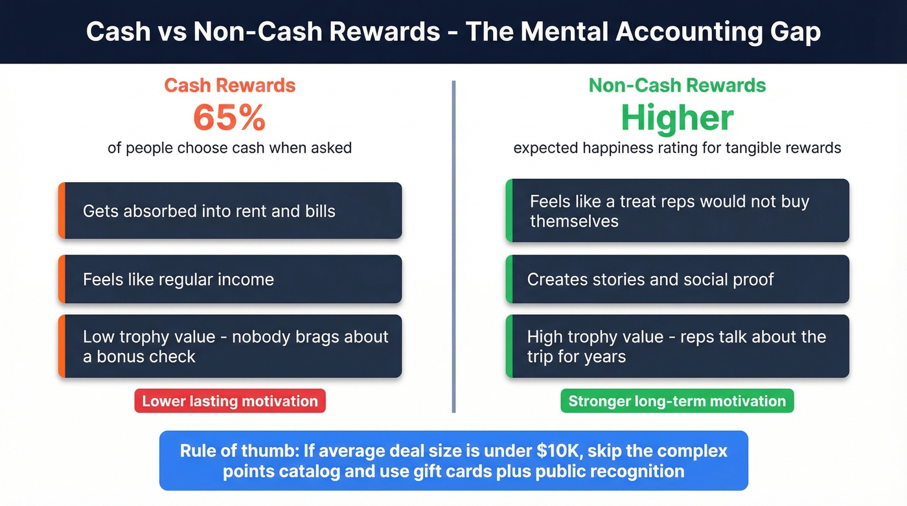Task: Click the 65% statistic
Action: coord(229,118)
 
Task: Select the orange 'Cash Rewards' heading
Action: coord(229,86)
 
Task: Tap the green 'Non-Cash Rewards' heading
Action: coord(677,86)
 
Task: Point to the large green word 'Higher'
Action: coord(677,118)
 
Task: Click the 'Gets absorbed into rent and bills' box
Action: coord(230,211)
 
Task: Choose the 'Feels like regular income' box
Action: coord(230,279)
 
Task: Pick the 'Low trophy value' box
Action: coord(230,347)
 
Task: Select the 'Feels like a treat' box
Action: coord(677,211)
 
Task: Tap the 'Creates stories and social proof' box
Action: coord(677,279)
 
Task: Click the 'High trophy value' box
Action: coord(677,347)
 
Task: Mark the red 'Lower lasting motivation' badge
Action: coord(230,401)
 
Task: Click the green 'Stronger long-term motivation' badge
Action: coord(677,401)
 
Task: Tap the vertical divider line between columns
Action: coord(454,246)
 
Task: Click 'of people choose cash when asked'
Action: coord(229,148)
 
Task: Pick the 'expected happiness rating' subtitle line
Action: coord(677,148)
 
